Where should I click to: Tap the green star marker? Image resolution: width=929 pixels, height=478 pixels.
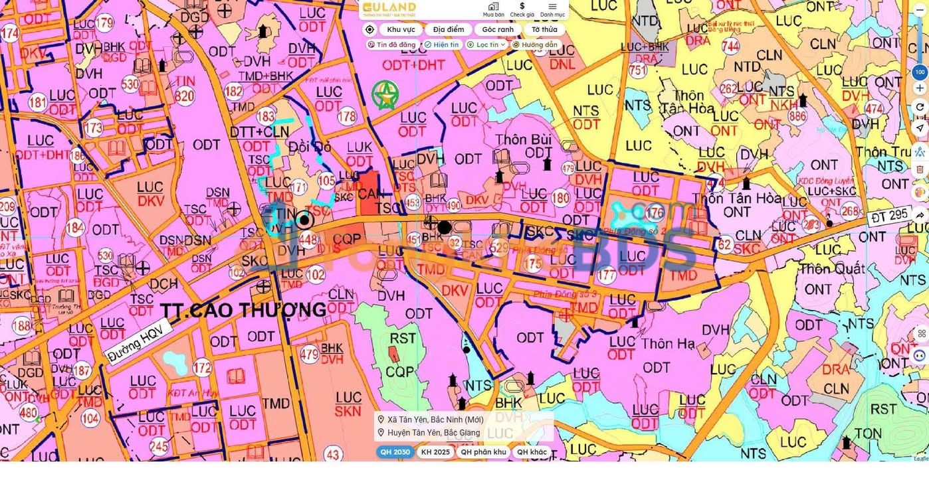pyautogui.click(x=385, y=96)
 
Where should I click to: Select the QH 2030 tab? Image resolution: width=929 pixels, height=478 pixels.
pyautogui.click(x=395, y=452)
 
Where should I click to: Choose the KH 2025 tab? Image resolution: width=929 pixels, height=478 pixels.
pyautogui.click(x=435, y=452)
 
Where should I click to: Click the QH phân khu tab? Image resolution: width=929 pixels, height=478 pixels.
pyautogui.click(x=483, y=452)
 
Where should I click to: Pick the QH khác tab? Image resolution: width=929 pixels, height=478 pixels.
pyautogui.click(x=532, y=452)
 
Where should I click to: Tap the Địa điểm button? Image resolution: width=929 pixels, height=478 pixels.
pyautogui.click(x=449, y=29)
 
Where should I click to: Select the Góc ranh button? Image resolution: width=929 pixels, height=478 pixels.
pyautogui.click(x=498, y=29)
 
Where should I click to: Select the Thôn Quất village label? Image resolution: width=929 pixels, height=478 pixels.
pyautogui.click(x=832, y=269)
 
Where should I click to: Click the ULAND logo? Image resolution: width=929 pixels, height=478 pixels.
pyautogui.click(x=389, y=9)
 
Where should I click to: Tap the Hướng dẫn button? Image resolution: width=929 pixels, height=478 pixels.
pyautogui.click(x=535, y=44)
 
